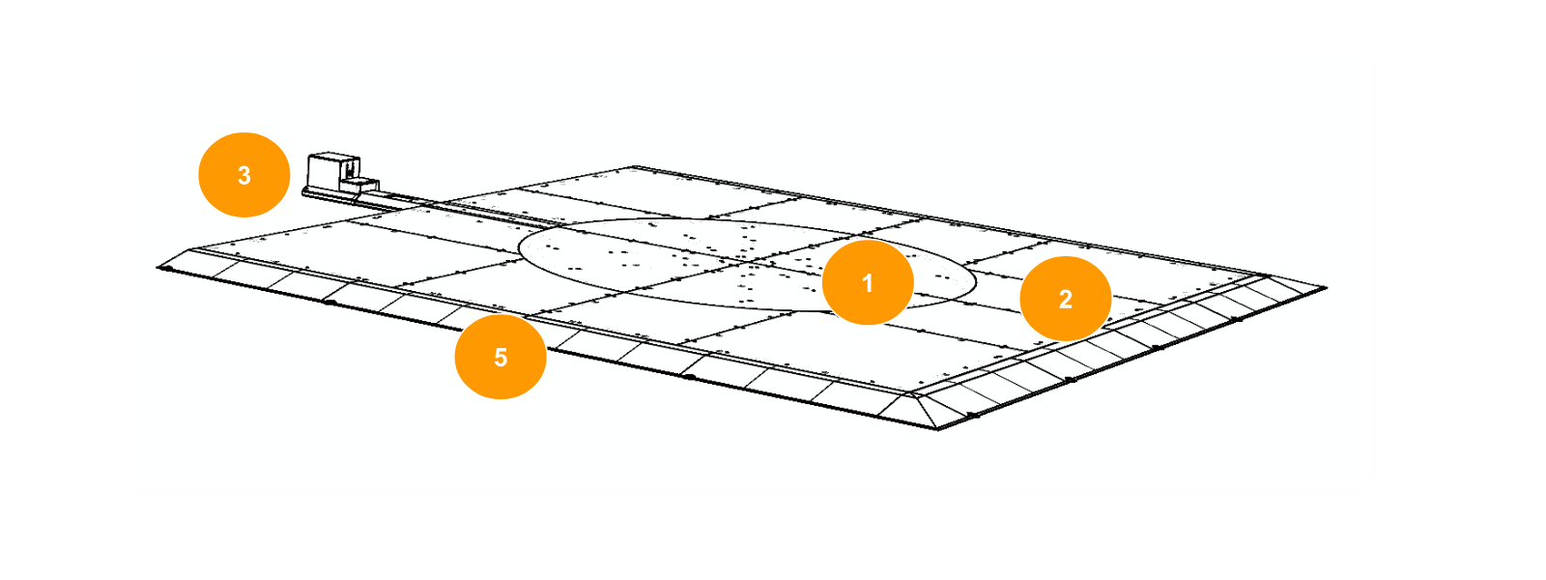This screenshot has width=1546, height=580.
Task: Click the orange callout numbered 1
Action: pos(868,282)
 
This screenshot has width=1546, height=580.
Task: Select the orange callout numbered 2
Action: pos(1065,299)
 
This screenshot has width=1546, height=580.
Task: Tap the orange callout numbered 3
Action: pos(243,175)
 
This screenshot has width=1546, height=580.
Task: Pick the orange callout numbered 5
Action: pos(501,357)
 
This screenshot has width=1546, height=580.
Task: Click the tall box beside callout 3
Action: pos(333,170)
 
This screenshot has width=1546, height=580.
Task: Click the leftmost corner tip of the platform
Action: pos(158,267)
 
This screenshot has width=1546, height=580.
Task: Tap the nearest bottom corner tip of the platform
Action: pos(937,429)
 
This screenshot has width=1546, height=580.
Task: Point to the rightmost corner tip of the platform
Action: pos(1326,287)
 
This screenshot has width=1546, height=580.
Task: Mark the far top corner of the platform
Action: pos(635,166)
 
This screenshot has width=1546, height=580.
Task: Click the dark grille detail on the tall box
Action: pos(352,167)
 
